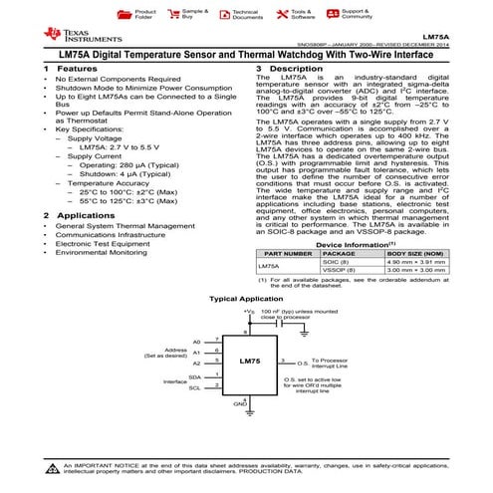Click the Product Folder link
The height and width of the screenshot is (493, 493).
143,14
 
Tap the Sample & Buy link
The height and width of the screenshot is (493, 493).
195,14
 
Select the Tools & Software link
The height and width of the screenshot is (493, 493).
302,14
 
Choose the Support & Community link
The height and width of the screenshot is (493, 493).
356,14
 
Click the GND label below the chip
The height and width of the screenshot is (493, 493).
239,405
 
